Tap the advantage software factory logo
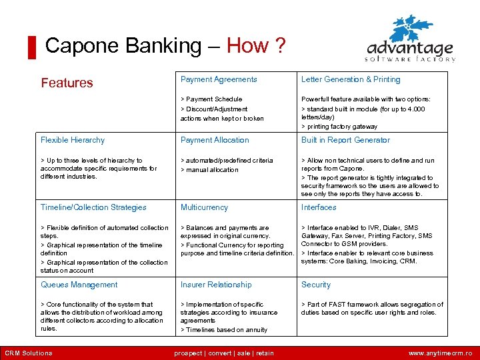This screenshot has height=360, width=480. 411,40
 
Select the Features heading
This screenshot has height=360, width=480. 67,83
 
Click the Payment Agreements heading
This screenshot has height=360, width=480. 219,79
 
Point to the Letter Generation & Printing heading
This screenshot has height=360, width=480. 351,79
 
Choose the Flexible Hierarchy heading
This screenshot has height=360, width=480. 73,140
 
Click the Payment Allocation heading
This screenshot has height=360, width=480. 215,140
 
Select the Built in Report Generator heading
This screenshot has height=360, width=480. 345,140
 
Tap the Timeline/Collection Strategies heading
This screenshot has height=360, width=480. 93,207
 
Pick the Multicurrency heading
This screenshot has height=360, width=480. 204,207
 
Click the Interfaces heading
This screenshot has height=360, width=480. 319,207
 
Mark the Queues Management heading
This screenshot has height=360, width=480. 79,285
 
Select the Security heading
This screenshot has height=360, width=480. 316,285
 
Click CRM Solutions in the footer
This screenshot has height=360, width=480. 29,353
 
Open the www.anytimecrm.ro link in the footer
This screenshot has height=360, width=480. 440,353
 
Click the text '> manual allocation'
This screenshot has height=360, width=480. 209,170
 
